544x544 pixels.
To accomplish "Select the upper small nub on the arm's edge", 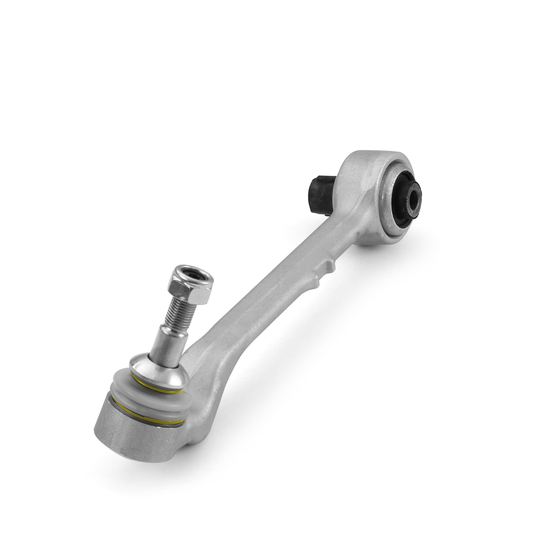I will tap(329, 265).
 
